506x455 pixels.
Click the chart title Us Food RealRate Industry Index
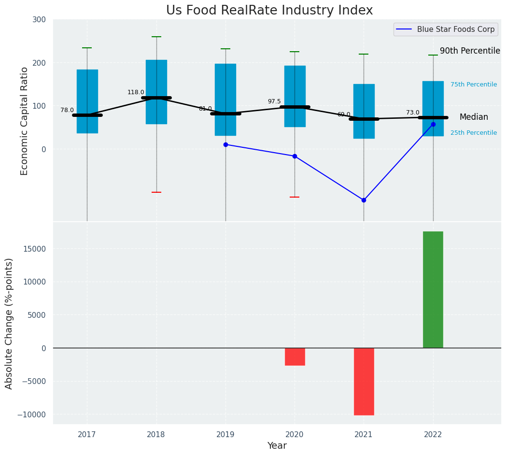pyautogui.click(x=269, y=11)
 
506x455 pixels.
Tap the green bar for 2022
pyautogui.click(x=433, y=289)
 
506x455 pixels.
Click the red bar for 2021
pyautogui.click(x=364, y=381)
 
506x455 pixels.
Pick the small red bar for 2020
pyautogui.click(x=295, y=356)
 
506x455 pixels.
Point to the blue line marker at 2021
pyautogui.click(x=364, y=200)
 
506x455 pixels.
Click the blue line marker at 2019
pyautogui.click(x=225, y=144)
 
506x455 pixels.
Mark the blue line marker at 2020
pyautogui.click(x=295, y=156)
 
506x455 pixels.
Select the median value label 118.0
pyautogui.click(x=136, y=92)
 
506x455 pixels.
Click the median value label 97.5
pyautogui.click(x=274, y=101)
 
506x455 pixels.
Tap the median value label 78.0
pyautogui.click(x=67, y=110)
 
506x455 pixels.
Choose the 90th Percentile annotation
pyautogui.click(x=469, y=51)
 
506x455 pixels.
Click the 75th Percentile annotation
pyautogui.click(x=473, y=85)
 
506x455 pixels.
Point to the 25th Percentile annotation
pyautogui.click(x=473, y=133)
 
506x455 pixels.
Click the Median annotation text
pyautogui.click(x=473, y=117)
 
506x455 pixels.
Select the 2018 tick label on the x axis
pyautogui.click(x=156, y=435)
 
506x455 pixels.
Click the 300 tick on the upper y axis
pyautogui.click(x=40, y=20)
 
